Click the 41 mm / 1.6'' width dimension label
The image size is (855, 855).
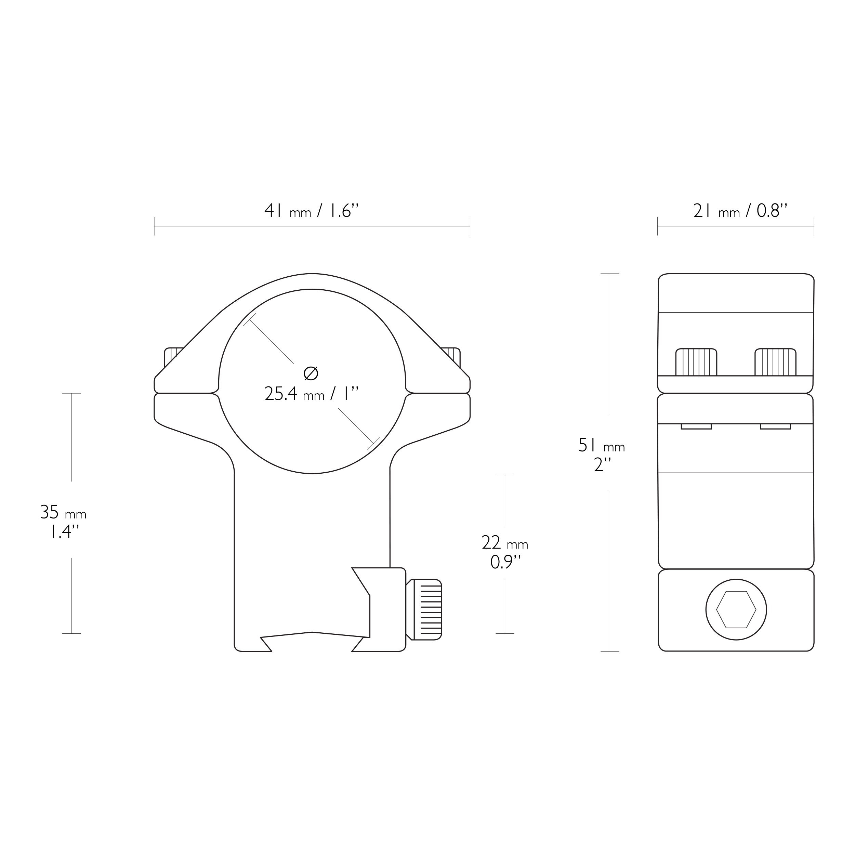coord(311,211)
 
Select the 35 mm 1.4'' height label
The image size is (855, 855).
coord(63,521)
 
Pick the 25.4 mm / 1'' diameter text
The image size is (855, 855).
coord(311,393)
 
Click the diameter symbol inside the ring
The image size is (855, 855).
coord(311,373)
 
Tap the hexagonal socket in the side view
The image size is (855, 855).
coord(736,609)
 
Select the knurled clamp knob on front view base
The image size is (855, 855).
coord(424,609)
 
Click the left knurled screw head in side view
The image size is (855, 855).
coord(696,362)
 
